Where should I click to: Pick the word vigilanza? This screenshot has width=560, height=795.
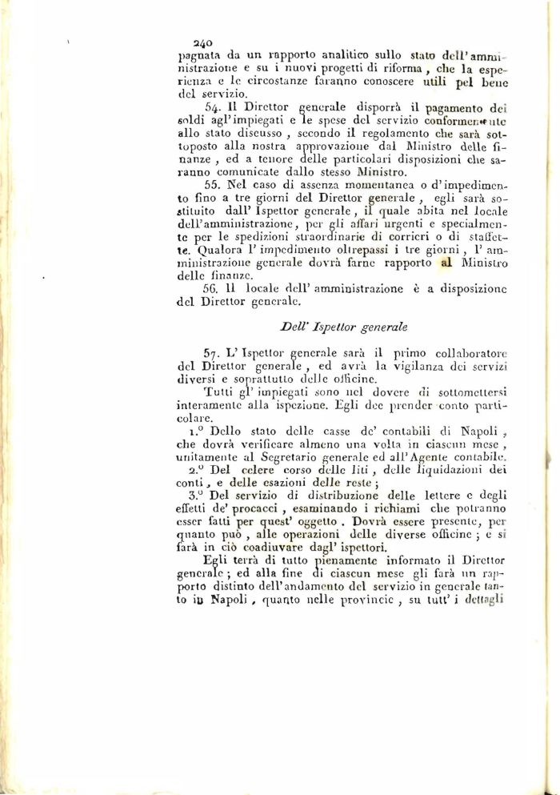[x=406, y=366]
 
